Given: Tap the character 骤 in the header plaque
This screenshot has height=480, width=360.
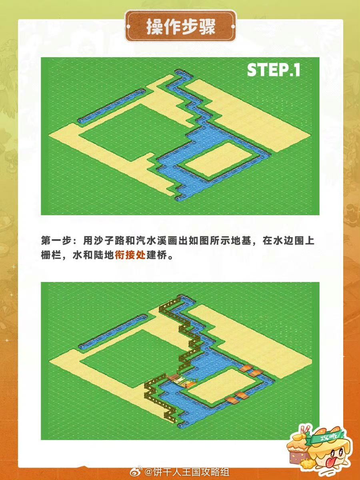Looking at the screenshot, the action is tap(207, 27).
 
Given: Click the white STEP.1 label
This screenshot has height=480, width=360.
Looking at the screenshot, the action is tap(274, 70).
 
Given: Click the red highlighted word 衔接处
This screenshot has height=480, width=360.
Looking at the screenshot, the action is tap(130, 255).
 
